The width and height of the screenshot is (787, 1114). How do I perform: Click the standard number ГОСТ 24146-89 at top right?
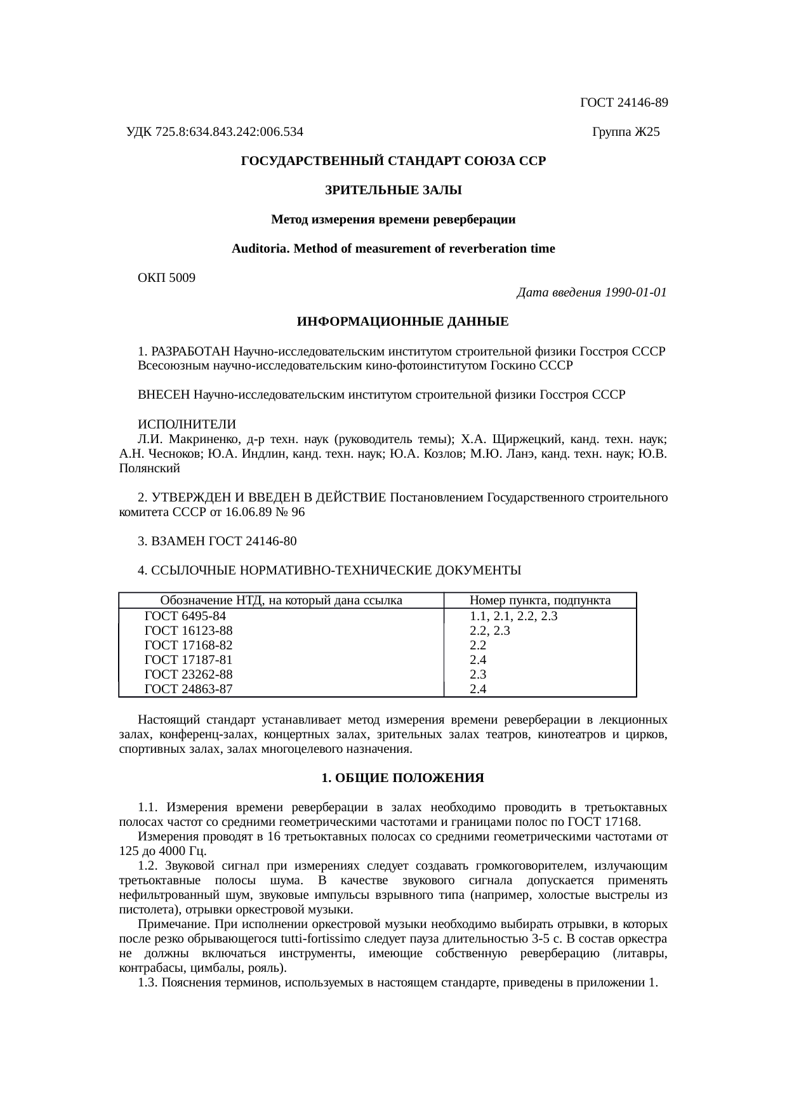pyautogui.click(x=624, y=102)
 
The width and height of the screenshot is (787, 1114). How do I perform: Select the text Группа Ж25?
pyautogui.click(x=625, y=132)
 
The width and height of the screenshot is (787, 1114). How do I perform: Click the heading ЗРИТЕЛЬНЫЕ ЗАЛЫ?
pyautogui.click(x=393, y=190)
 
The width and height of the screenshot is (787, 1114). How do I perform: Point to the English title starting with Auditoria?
pyautogui.click(x=393, y=249)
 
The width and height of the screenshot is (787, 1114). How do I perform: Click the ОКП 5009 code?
pyautogui.click(x=166, y=278)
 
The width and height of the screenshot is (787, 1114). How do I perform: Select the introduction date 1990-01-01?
pyautogui.click(x=635, y=293)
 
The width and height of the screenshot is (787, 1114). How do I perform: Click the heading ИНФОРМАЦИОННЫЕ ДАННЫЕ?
pyautogui.click(x=402, y=322)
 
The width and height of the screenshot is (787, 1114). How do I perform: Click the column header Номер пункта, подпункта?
pyautogui.click(x=540, y=600)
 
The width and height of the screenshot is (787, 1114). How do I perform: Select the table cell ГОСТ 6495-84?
pyautogui.click(x=185, y=616)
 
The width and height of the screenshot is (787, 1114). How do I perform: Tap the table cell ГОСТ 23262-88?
pyautogui.click(x=188, y=675)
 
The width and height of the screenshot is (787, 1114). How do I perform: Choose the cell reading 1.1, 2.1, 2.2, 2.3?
pyautogui.click(x=513, y=616)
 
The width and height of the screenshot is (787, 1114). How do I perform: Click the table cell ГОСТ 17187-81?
pyautogui.click(x=188, y=660)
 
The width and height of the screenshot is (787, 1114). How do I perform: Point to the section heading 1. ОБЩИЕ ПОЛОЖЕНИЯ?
pyautogui.click(x=402, y=778)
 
